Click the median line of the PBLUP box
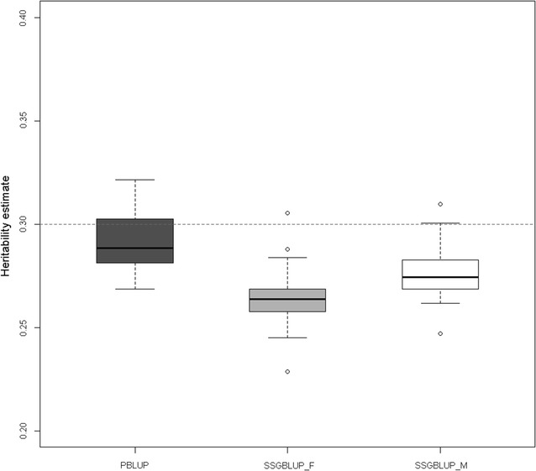click(x=134, y=248)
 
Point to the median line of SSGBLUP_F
click(x=287, y=299)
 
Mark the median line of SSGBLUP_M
click(x=440, y=277)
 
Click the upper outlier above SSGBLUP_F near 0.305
click(x=287, y=213)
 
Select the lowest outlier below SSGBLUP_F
click(x=287, y=371)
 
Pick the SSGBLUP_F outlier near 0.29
click(x=287, y=249)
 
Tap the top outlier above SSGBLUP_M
click(x=440, y=204)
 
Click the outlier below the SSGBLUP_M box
click(x=440, y=333)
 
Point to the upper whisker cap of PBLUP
click(x=134, y=180)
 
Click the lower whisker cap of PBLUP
click(x=134, y=289)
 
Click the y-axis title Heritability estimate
click(x=7, y=224)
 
